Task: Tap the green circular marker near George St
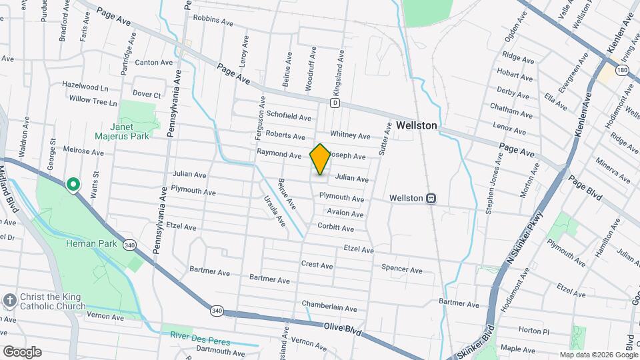[x=73, y=184]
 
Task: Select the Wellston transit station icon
[x=432, y=198]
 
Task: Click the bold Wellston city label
[x=416, y=125]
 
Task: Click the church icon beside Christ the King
[x=10, y=301]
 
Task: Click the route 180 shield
[x=622, y=70]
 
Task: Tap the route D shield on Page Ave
[x=335, y=103]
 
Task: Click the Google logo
[x=22, y=352]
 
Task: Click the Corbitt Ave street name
[x=335, y=228]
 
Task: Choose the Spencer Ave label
[x=401, y=270]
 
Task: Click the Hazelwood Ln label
[x=85, y=87]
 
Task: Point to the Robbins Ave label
[x=213, y=20]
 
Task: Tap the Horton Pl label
[x=533, y=331]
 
